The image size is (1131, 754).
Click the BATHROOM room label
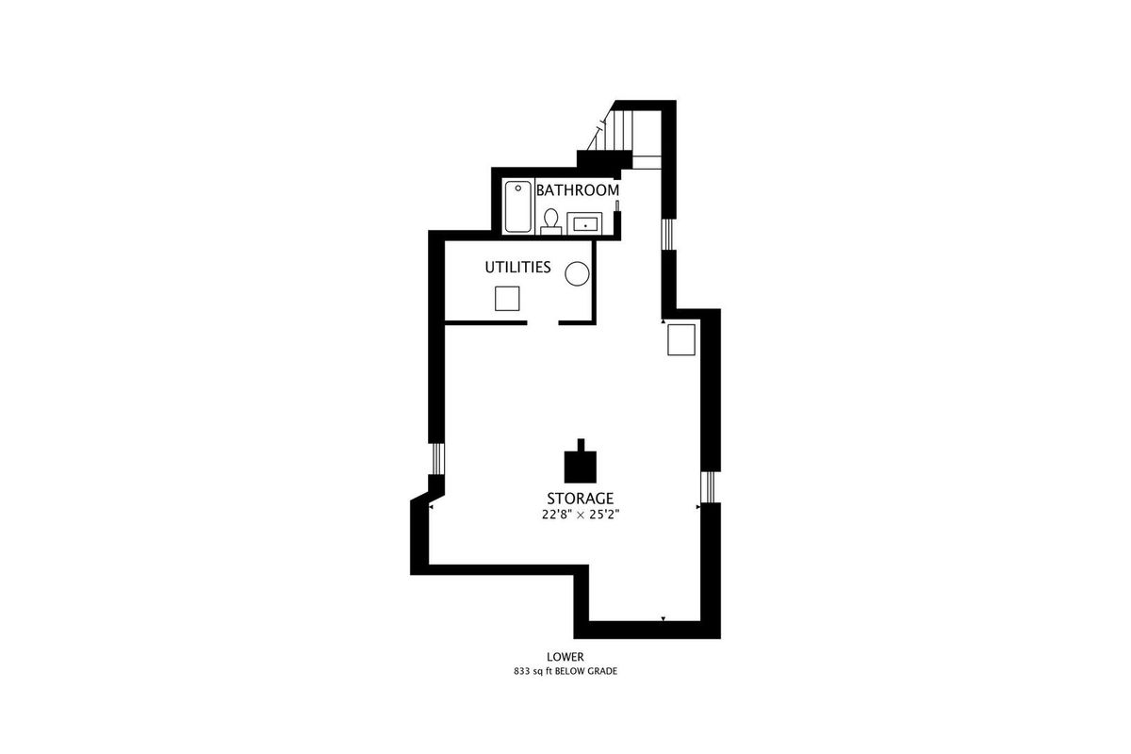[x=578, y=190]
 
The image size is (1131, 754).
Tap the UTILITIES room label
[x=517, y=267]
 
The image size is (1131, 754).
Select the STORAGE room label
[x=581, y=499]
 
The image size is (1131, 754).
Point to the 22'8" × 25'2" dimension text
[x=581, y=516]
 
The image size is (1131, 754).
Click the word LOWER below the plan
[x=565, y=657]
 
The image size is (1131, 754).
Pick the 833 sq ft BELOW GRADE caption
[x=565, y=672]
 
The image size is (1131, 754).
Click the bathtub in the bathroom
[x=518, y=206]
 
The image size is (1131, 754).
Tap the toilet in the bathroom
[x=550, y=222]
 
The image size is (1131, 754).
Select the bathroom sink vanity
[x=584, y=223]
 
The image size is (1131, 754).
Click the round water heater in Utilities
[x=577, y=273]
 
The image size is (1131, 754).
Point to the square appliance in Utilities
[x=507, y=299]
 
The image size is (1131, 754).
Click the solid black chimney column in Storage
[x=581, y=461]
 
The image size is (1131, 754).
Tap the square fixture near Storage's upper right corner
[x=681, y=340]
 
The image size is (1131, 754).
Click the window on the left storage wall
[x=436, y=459]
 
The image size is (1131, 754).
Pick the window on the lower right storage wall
[x=710, y=487]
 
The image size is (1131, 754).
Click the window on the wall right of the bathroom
[x=669, y=235]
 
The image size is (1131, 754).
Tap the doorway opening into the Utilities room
[x=543, y=322]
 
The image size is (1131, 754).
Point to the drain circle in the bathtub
[x=518, y=188]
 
